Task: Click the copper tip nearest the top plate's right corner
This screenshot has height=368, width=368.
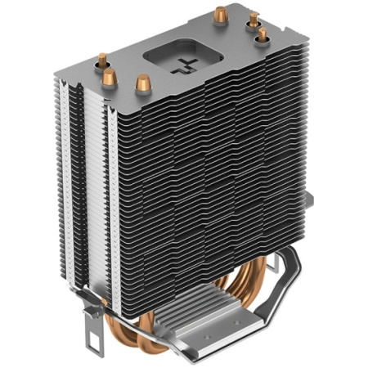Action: click(261, 35)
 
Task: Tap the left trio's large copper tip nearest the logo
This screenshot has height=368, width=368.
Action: click(143, 83)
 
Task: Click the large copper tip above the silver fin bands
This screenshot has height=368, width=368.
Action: click(103, 62)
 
